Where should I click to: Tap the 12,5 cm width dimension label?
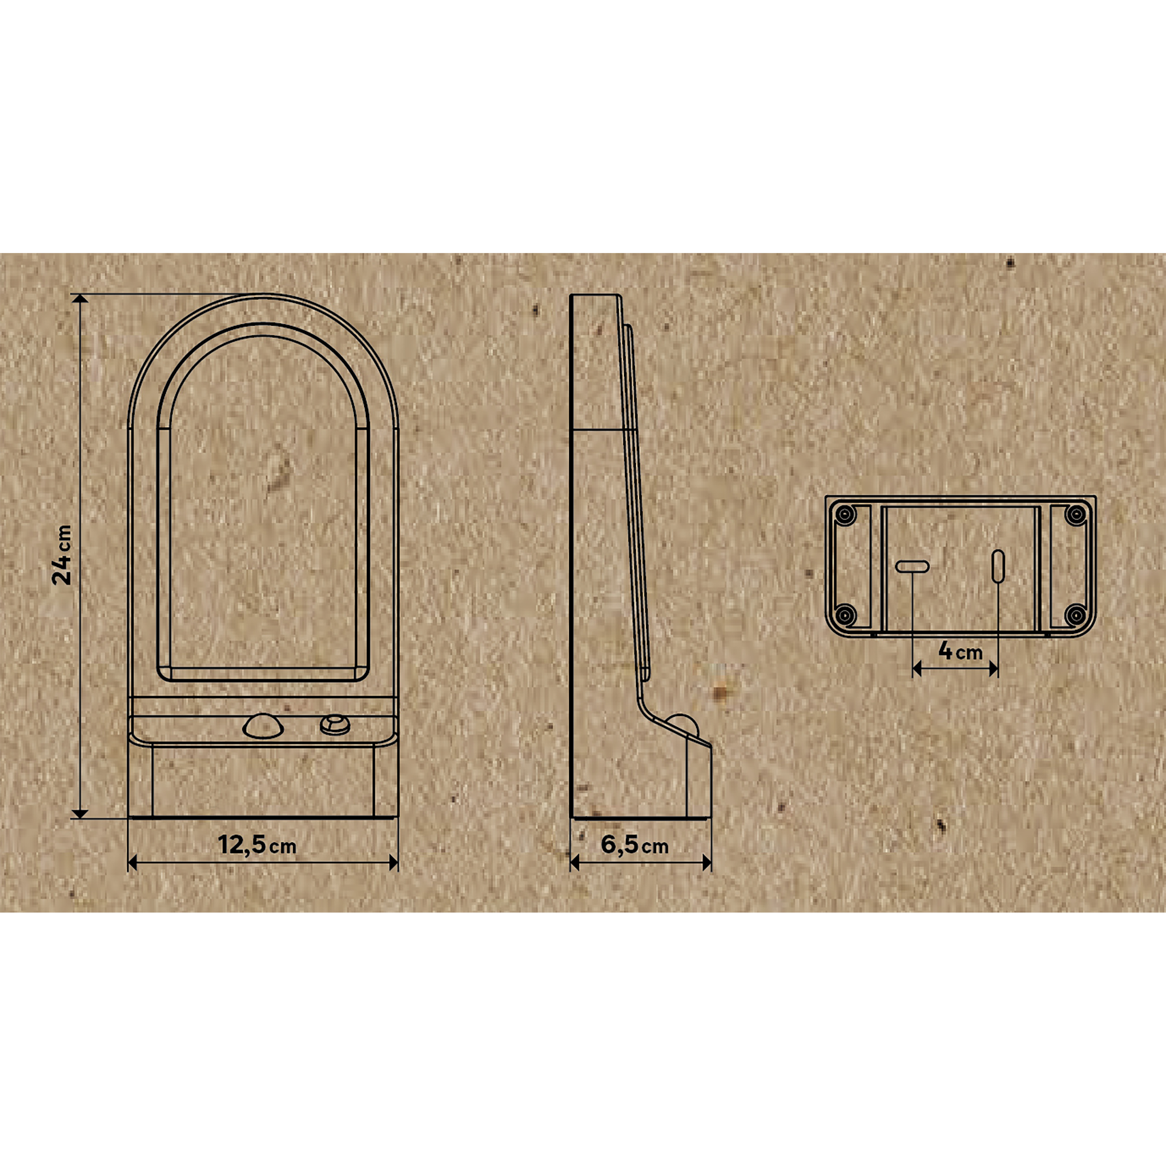coord(257,845)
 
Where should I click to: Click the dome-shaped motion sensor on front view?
coord(262,727)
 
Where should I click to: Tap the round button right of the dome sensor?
coord(334,724)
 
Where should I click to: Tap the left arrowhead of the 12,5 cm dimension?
coord(133,863)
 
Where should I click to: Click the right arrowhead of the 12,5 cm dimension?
coord(393,863)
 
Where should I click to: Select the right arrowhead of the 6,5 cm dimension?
coord(707,863)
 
